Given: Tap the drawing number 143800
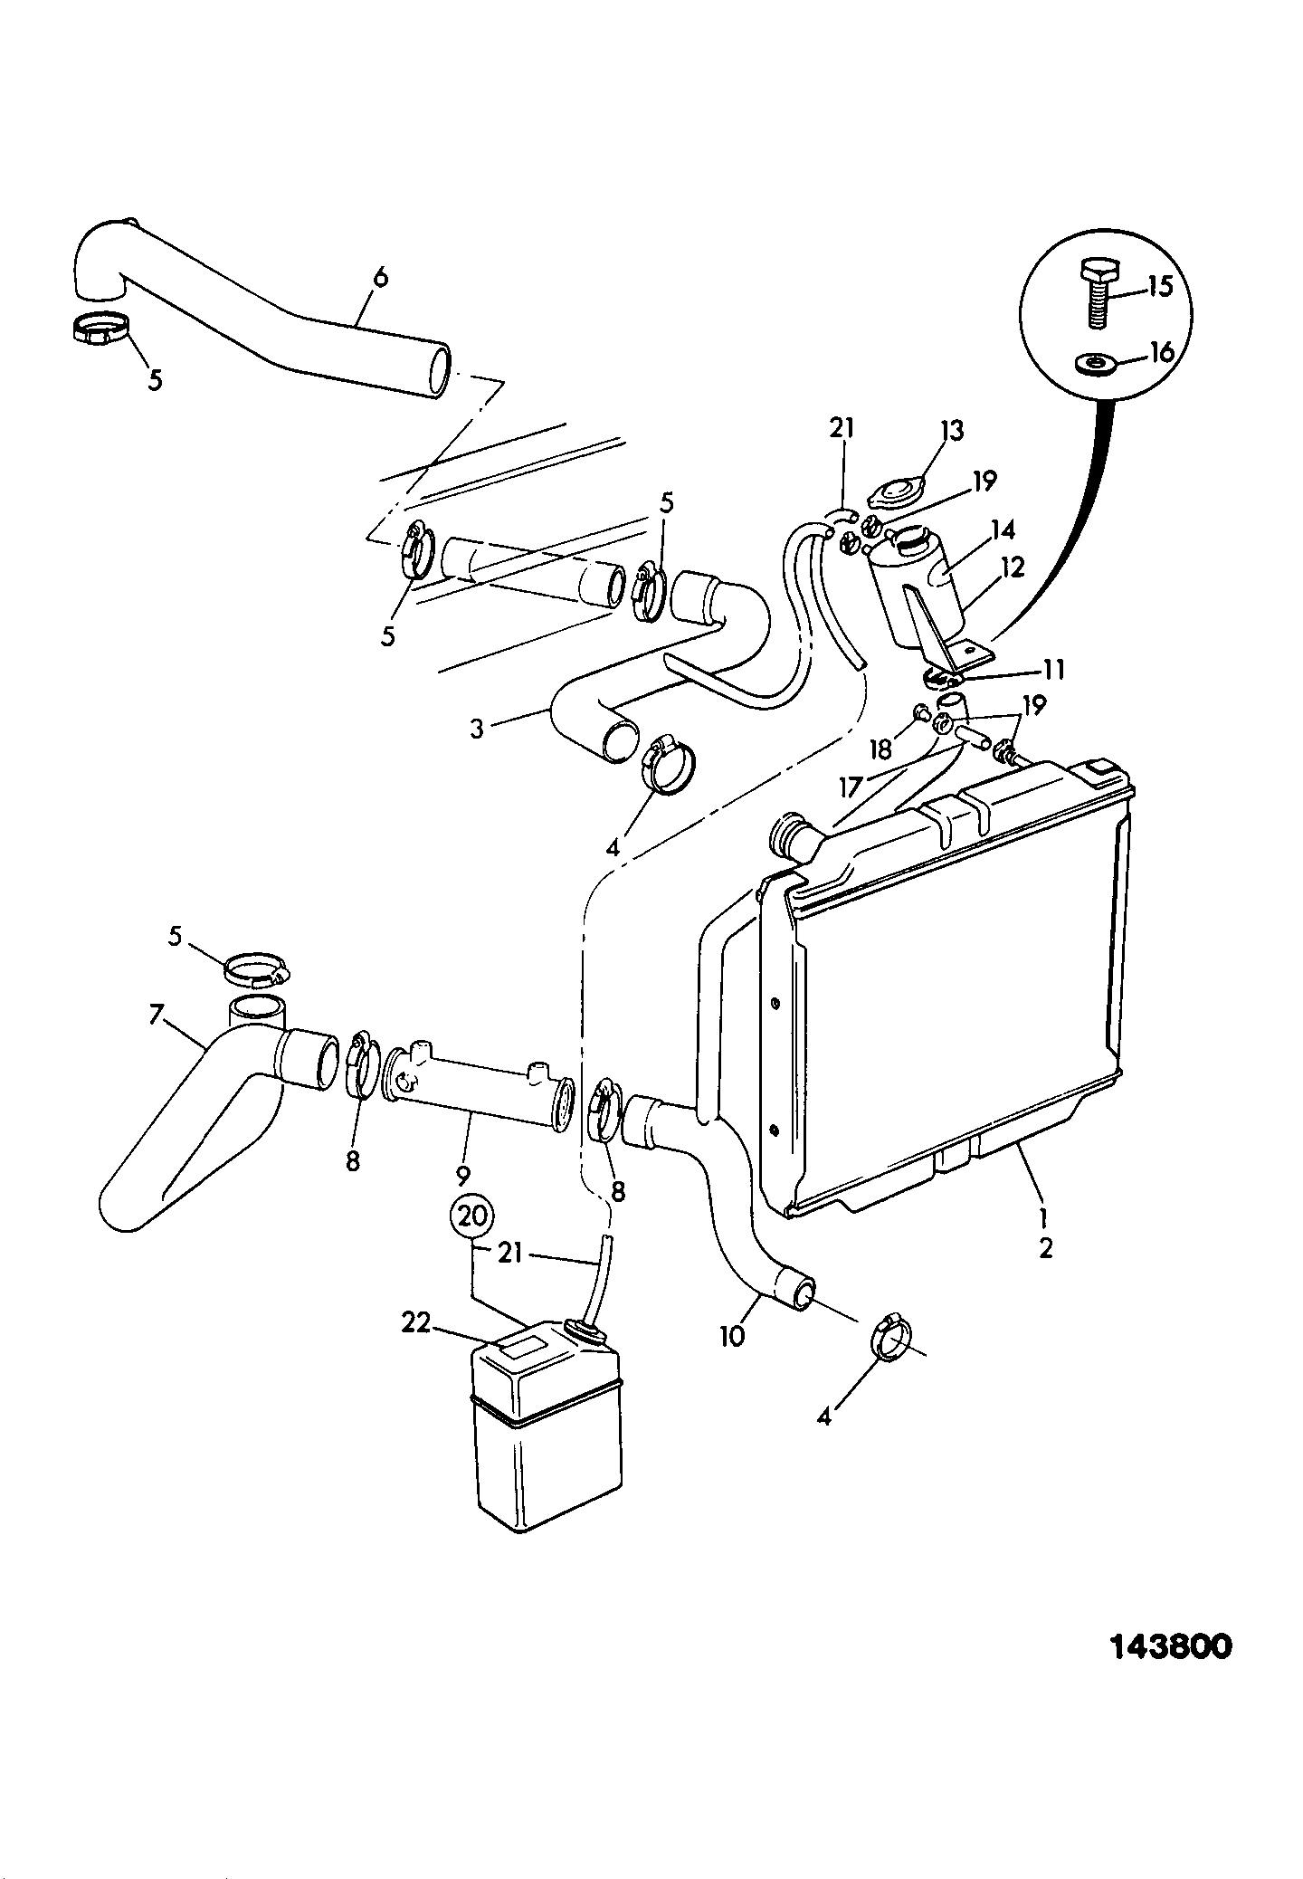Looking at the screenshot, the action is pyautogui.click(x=1171, y=1646).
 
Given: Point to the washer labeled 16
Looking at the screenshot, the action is pyautogui.click(x=1093, y=364).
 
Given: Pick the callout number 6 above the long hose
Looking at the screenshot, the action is pyautogui.click(x=380, y=277).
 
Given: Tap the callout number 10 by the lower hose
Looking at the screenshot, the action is pyautogui.click(x=732, y=1335).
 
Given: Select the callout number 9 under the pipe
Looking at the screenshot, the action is pyautogui.click(x=462, y=1176).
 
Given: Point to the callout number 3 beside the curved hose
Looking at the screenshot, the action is pyautogui.click(x=477, y=728).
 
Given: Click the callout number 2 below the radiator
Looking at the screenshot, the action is pyautogui.click(x=1046, y=1249).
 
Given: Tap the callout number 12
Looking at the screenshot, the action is pyautogui.click(x=1013, y=568).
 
